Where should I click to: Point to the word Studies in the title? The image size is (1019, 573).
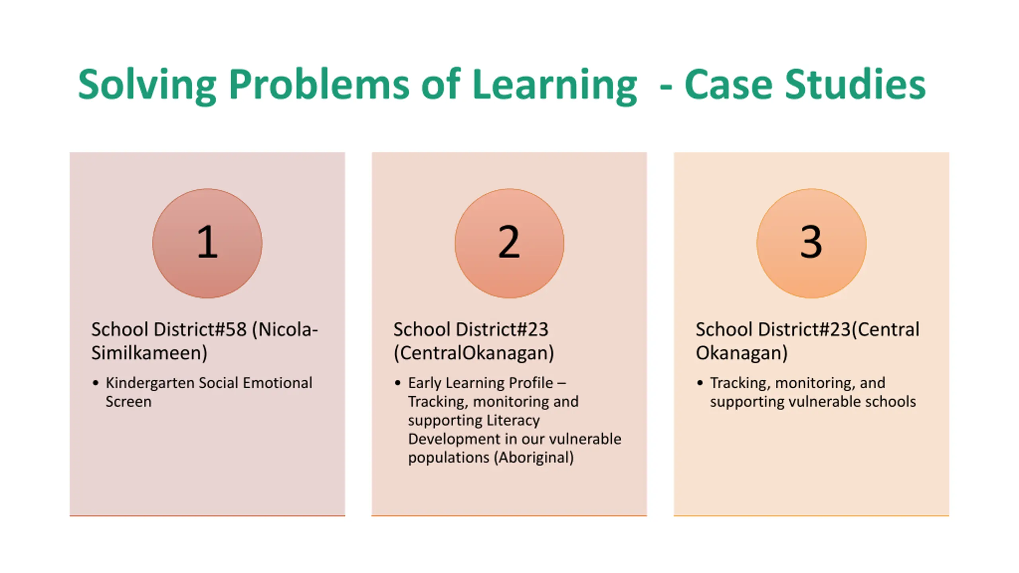(855, 85)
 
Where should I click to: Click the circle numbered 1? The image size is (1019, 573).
(207, 243)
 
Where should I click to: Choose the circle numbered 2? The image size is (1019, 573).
(509, 243)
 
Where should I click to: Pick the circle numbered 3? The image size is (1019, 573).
(811, 243)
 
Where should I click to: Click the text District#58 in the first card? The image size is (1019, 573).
(200, 329)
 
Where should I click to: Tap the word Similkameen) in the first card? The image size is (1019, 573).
(149, 353)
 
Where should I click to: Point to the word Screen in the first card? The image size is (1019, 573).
(128, 401)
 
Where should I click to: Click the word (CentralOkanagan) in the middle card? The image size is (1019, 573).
(474, 353)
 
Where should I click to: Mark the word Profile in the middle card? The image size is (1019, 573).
(527, 383)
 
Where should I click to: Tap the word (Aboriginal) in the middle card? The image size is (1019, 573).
(534, 458)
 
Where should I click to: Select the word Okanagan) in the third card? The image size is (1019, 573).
(742, 353)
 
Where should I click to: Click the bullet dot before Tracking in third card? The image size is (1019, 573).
(700, 383)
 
